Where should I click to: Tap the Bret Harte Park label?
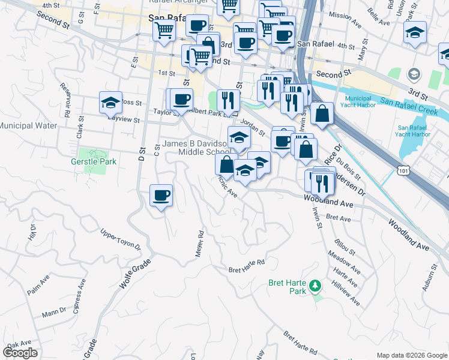pyautogui.click(x=287, y=287)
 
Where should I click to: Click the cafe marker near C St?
pyautogui.click(x=161, y=196)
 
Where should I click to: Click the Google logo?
pyautogui.click(x=20, y=353)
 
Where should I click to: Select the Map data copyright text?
pyautogui.click(x=412, y=355)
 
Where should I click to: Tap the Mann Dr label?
pyautogui.click(x=54, y=312)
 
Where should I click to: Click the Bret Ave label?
pyautogui.click(x=339, y=218)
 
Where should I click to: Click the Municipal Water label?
pyautogui.click(x=28, y=126)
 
